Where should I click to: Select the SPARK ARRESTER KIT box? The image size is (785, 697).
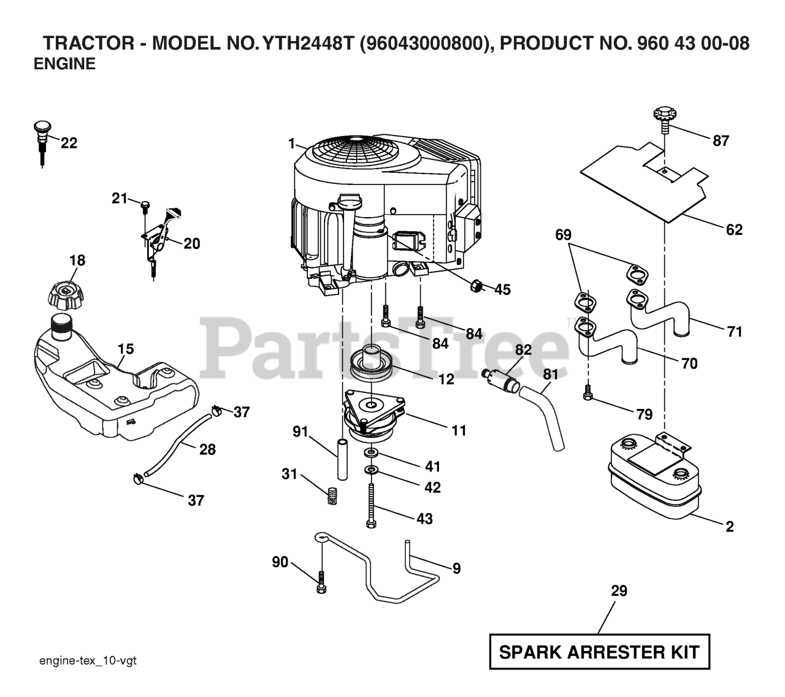599,652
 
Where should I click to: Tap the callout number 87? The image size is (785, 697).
721,141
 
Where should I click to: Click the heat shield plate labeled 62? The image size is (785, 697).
644,184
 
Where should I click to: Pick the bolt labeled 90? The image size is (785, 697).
321,581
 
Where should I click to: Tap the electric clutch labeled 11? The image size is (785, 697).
373,417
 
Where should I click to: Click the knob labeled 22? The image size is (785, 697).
40,138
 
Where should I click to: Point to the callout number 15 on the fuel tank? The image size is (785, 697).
126,349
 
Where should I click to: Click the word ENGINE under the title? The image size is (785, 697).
64,64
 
